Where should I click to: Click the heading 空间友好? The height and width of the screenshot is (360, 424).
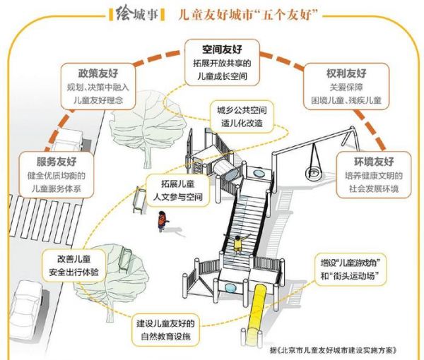(222, 49)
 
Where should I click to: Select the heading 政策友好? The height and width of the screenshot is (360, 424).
(98, 73)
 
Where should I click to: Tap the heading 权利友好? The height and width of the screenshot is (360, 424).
(346, 73)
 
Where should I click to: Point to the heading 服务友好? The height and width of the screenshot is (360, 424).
(57, 162)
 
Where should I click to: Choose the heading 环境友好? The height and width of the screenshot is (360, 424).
(374, 162)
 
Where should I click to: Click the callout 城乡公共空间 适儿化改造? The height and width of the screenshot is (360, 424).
(242, 117)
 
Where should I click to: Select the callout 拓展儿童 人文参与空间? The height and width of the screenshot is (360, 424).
(177, 191)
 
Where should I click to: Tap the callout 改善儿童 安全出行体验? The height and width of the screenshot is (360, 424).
(73, 265)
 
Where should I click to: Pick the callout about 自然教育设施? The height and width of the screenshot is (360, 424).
(165, 330)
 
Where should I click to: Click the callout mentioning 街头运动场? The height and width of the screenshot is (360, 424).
(351, 269)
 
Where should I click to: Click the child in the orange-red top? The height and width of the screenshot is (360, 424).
(163, 222)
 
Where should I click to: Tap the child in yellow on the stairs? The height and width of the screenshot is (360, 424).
(237, 244)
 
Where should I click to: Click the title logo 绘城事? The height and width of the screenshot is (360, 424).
(136, 13)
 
